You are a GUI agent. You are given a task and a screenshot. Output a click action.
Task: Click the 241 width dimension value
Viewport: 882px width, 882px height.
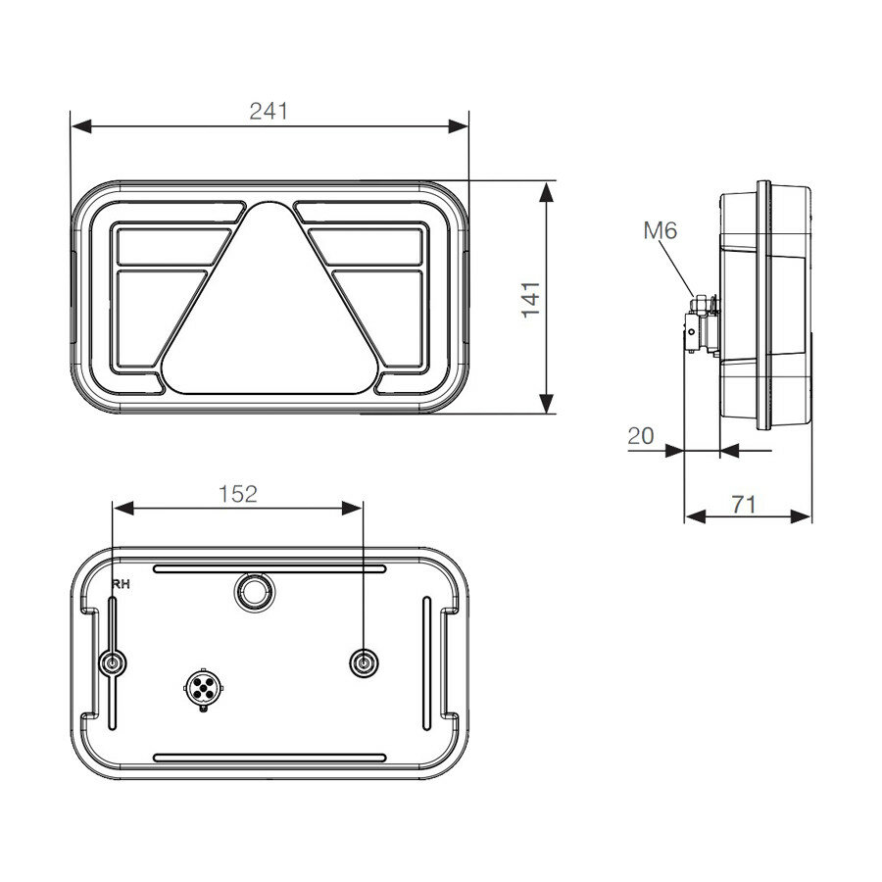269,111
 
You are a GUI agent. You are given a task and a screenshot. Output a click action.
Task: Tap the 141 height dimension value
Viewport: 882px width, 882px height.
529,298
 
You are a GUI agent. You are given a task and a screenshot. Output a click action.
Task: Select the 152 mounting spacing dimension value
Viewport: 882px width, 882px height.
238,494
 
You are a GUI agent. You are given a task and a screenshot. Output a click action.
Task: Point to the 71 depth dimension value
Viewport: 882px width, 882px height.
745,504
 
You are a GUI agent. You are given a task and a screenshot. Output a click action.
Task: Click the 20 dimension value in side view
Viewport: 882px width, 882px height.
641,436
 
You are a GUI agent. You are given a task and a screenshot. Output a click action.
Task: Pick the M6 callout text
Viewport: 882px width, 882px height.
660,231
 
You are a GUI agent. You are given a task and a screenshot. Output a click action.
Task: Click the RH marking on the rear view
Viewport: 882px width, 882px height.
122,585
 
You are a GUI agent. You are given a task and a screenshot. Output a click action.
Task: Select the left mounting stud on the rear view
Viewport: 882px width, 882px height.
114,663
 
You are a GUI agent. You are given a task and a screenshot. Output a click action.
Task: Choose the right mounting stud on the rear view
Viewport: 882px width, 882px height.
365,663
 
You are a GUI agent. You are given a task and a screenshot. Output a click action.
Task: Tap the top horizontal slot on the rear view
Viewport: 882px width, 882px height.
269,568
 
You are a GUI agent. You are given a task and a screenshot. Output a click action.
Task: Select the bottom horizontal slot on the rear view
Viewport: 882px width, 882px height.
269,758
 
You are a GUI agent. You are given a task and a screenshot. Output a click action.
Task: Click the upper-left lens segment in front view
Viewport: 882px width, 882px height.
169,245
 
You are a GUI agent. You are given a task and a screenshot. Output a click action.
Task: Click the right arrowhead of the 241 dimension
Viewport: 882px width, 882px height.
460,126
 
